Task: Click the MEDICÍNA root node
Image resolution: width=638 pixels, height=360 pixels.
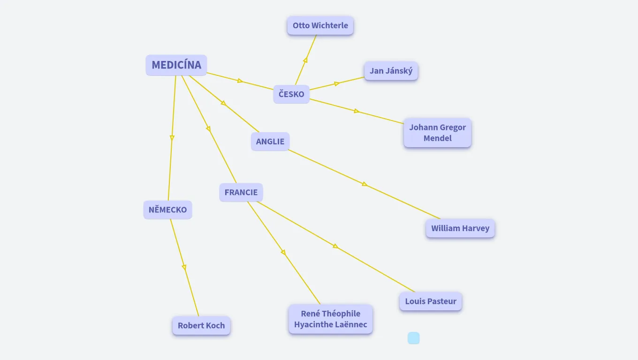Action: point(176,65)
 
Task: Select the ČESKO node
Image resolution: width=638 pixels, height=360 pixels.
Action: point(291,94)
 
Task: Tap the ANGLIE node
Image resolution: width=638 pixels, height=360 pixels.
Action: point(270,142)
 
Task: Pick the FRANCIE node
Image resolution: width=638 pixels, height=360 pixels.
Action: point(241,192)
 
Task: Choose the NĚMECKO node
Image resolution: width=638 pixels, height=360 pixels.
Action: point(167,210)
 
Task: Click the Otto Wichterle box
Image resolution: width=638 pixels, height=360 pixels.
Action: point(320,25)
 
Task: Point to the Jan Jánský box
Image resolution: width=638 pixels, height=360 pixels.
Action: point(391,71)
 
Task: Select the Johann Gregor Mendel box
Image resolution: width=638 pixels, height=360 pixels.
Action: point(437,133)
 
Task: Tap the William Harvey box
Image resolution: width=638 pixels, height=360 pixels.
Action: point(460,228)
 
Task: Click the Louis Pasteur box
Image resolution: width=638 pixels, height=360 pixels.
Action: point(431,301)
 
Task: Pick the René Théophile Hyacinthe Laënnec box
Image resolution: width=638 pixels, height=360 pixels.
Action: point(331,319)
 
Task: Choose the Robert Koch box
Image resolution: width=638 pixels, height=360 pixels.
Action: point(201,325)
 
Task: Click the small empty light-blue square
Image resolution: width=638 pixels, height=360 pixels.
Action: point(413,338)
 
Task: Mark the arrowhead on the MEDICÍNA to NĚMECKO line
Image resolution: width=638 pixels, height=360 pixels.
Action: point(172,138)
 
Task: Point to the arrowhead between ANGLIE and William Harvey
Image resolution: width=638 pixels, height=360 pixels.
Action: point(365,184)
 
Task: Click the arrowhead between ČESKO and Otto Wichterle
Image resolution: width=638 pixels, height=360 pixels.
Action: point(305,60)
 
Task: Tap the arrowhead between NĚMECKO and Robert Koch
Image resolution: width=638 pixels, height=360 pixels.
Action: point(184,267)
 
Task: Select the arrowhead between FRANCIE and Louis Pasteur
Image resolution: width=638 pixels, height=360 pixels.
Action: point(335,246)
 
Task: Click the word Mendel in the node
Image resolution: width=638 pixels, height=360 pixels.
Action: point(437,138)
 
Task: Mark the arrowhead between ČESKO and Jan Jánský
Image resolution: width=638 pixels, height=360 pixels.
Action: point(337,84)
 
